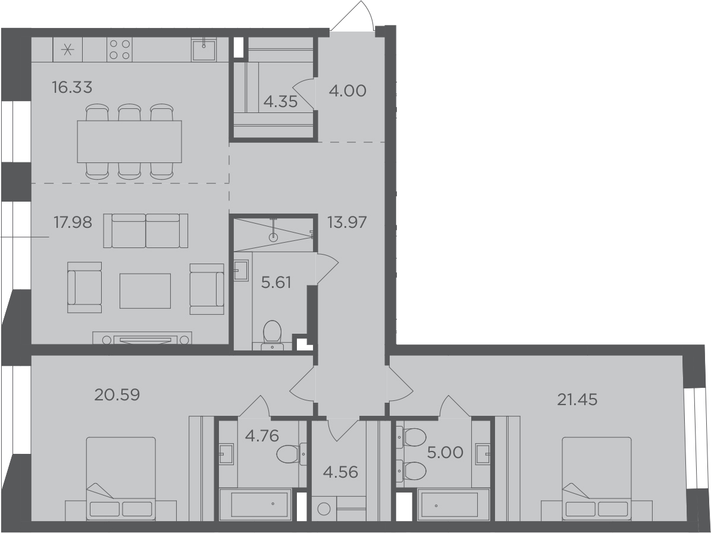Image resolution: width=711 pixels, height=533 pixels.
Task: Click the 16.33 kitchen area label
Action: (x=72, y=87)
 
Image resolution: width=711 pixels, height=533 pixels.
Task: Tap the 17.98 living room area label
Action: (x=73, y=222)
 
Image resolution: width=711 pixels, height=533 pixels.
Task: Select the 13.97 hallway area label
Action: (x=347, y=222)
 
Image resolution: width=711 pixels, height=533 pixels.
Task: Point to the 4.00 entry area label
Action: (x=347, y=90)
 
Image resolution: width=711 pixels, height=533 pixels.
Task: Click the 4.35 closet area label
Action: (x=280, y=102)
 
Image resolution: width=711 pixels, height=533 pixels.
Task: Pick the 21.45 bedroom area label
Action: (x=577, y=399)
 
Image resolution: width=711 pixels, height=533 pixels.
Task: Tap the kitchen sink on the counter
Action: (x=203, y=49)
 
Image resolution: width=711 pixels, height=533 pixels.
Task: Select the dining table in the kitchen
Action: (x=129, y=142)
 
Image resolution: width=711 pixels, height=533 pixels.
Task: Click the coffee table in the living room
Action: (x=145, y=291)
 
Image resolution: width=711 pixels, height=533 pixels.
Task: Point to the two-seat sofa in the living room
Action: (x=146, y=231)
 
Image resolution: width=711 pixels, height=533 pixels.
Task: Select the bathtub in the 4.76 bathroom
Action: (x=255, y=504)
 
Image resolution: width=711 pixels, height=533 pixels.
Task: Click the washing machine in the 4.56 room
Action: (x=324, y=509)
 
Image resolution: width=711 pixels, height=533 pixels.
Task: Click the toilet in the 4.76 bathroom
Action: (x=291, y=454)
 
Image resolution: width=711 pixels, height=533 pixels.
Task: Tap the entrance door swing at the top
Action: (x=353, y=16)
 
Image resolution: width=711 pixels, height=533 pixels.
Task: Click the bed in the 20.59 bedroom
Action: (x=121, y=479)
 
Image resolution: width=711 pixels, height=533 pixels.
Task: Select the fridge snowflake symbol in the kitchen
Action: (x=68, y=49)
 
